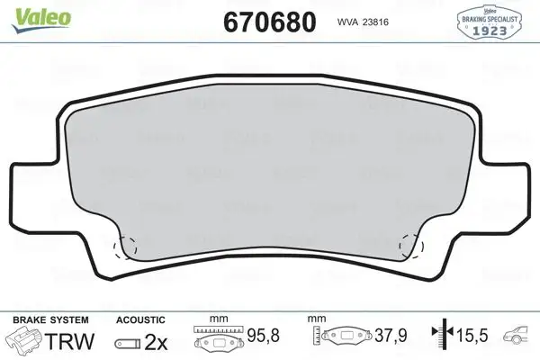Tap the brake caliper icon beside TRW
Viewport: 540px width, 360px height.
[27, 341]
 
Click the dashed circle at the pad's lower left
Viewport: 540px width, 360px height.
[122, 246]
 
